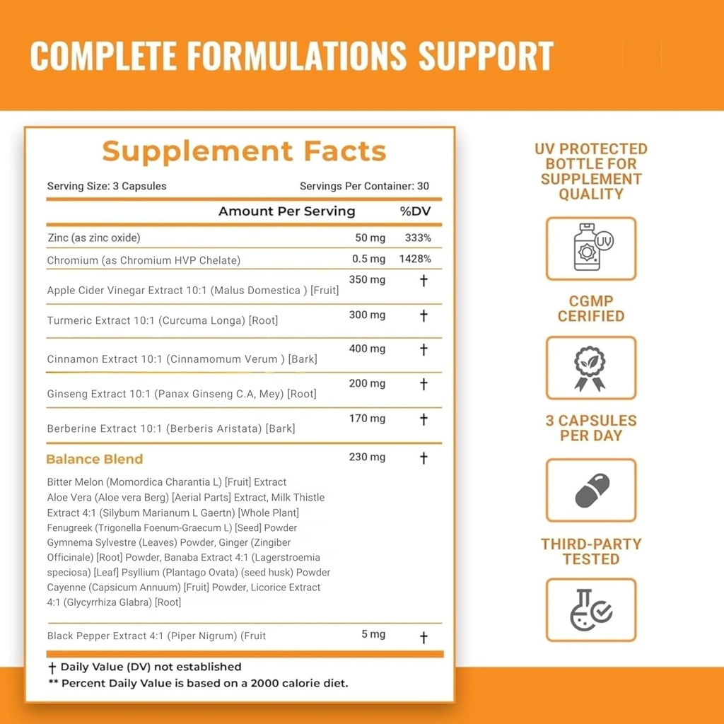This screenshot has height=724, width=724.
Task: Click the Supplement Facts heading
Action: tap(244, 151)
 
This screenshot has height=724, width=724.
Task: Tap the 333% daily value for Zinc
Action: tap(418, 238)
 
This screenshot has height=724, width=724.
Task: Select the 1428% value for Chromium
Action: tap(415, 259)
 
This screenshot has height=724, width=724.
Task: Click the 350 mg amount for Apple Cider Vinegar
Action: tap(367, 280)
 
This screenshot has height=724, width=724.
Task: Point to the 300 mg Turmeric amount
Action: tap(367, 315)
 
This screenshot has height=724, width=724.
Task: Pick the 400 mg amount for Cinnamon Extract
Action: tap(367, 349)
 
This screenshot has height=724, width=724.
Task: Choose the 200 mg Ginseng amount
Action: tap(367, 383)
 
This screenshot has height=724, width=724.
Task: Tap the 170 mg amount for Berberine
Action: tap(367, 419)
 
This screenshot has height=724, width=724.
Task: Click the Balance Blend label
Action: tap(94, 459)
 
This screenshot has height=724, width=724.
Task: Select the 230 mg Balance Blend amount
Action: tap(367, 457)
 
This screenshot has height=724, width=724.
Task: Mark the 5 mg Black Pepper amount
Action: tap(373, 634)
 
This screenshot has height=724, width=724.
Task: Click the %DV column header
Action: tap(415, 211)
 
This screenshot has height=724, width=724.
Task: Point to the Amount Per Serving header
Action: tap(286, 211)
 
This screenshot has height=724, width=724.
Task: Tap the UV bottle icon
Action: tap(591, 248)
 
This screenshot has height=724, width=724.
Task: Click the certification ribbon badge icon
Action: tap(590, 368)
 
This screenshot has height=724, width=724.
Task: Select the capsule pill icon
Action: tap(591, 491)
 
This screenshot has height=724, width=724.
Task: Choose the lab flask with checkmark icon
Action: tap(591, 610)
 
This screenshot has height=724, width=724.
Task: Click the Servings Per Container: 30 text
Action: tap(364, 187)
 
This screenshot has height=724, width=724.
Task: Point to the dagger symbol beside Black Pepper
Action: tap(424, 638)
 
